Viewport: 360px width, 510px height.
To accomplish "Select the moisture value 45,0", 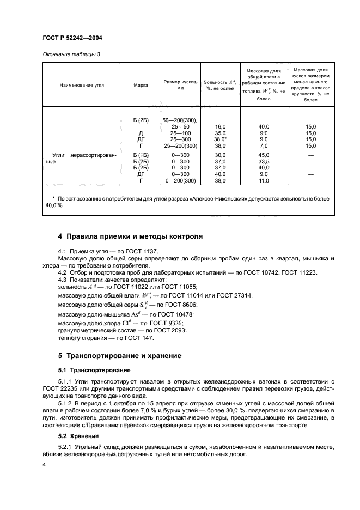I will coord(264,155).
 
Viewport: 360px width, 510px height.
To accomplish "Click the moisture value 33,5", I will coord(264,162).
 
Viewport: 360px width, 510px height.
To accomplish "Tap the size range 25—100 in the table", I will coord(180,133).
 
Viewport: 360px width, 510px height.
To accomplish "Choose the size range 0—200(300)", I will coord(180,181).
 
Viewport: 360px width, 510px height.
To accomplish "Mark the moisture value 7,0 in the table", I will coord(264,146).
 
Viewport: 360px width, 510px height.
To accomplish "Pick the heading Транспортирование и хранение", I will coord(119,356).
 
